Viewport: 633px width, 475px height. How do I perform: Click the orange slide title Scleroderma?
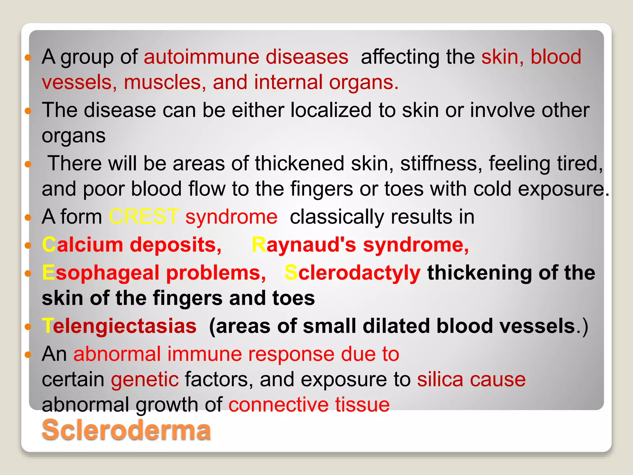126,430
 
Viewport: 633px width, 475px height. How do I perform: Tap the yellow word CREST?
143,216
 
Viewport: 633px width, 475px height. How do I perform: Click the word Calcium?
83,245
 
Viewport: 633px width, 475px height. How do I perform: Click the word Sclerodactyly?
352,273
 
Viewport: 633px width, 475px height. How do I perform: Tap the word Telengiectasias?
119,326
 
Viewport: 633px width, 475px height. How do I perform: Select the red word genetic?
145,379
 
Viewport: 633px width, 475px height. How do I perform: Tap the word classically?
337,216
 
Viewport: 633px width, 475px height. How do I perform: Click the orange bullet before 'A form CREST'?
28,218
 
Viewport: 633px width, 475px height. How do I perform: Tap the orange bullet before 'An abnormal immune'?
28,355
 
